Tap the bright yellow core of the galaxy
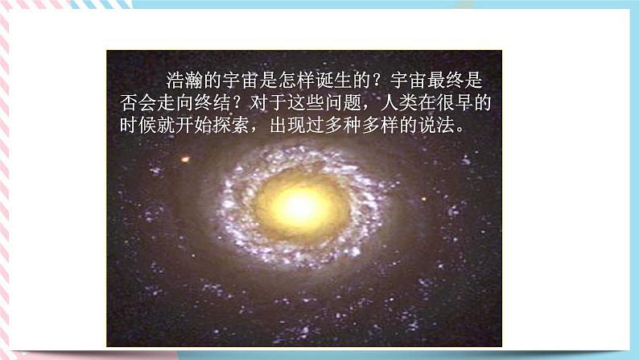click(301, 206)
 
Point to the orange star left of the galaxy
click(185, 159)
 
